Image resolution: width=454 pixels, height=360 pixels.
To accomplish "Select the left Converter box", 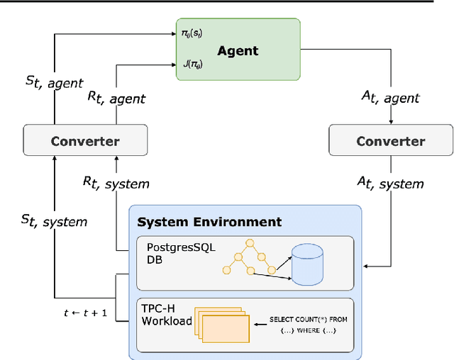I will pyautogui.click(x=84, y=140).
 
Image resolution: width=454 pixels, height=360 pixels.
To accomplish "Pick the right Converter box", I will pyautogui.click(x=391, y=140).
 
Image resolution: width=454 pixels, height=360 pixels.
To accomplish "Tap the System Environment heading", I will pyautogui.click(x=209, y=222).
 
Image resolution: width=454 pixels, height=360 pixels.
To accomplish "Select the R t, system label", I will pyautogui.click(x=116, y=184).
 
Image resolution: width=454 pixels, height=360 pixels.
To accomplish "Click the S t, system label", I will pyautogui.click(x=54, y=221).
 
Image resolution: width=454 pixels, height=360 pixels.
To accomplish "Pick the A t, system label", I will pyautogui.click(x=391, y=184).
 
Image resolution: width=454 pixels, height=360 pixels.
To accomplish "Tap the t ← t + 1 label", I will pyautogui.click(x=86, y=311).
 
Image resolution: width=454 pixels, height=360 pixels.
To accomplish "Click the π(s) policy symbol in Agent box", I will pyautogui.click(x=192, y=33).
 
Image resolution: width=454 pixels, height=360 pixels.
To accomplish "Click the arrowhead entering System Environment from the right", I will pyautogui.click(x=365, y=266).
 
